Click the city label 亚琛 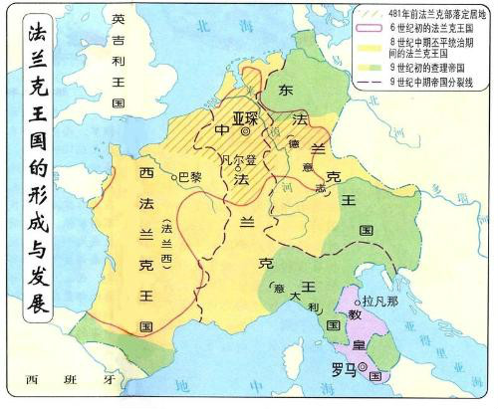pyautogui.click(x=243, y=118)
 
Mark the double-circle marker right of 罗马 pyautogui.click(x=364, y=368)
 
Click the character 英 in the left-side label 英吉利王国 pyautogui.click(x=119, y=21)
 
